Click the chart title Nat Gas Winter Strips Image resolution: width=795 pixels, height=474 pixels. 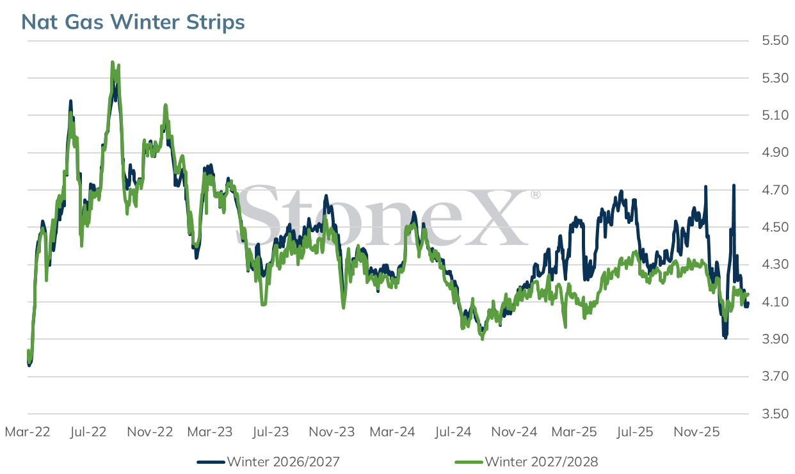point(133,22)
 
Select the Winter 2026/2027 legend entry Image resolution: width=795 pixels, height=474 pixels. point(268,462)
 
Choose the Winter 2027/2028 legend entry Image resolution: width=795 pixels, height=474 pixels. point(527,462)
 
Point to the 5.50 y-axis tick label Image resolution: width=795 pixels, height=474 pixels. point(775,40)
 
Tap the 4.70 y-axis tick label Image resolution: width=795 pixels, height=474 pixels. point(775,190)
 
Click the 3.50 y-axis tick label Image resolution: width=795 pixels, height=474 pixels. point(775,414)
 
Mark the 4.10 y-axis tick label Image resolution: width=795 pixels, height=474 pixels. point(775,302)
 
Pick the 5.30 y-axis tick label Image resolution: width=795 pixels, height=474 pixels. point(775,77)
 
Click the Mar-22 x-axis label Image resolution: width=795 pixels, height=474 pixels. point(28,432)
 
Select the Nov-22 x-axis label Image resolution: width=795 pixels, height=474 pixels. point(150,432)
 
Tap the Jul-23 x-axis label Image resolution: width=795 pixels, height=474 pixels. point(271,432)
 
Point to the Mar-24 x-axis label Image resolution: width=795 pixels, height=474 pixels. point(392,432)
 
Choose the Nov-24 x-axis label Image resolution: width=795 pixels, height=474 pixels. point(514,432)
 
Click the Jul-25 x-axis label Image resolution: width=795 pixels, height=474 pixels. point(635,432)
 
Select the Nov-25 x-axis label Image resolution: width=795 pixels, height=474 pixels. point(696,432)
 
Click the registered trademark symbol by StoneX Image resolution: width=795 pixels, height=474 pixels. point(536,194)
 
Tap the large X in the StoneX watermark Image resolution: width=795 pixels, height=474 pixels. point(495,217)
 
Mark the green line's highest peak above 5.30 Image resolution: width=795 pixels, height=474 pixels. point(113,63)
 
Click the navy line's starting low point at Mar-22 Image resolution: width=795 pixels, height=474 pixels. point(29,365)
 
